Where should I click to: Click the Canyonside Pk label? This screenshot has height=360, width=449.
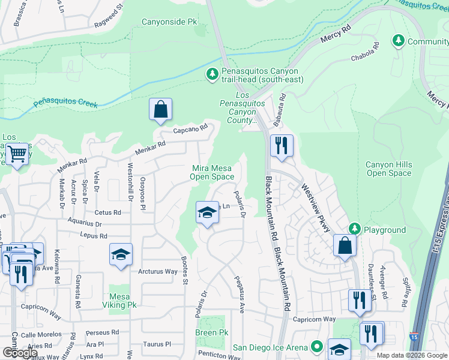[169, 22]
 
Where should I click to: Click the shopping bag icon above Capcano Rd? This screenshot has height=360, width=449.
[160, 109]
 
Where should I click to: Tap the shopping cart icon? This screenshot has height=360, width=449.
[17, 154]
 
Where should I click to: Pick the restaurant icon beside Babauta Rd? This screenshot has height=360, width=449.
[281, 145]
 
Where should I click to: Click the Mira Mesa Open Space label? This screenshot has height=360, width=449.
[212, 172]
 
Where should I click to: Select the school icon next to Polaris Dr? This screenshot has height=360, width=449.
[207, 212]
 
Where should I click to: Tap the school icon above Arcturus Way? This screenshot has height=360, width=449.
[121, 254]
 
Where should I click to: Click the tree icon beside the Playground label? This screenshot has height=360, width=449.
[354, 229]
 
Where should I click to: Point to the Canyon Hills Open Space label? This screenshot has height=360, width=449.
[389, 169]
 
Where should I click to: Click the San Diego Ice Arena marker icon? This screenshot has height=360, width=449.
[317, 347]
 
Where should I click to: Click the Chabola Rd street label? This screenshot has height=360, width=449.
[365, 52]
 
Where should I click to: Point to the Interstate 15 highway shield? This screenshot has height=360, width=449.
[414, 337]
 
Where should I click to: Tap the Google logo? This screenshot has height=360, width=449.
[20, 353]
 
